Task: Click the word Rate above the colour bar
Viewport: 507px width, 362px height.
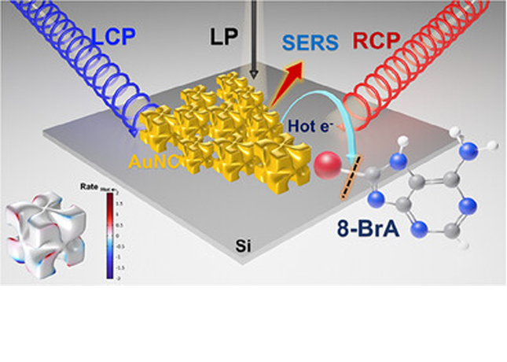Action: pos(87,187)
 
